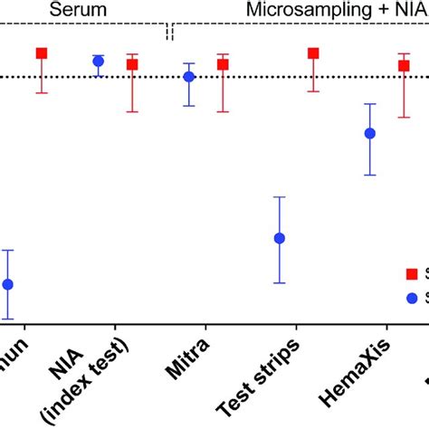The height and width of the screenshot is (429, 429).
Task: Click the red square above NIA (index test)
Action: [x=132, y=64]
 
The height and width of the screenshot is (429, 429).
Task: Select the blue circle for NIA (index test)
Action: [x=99, y=62]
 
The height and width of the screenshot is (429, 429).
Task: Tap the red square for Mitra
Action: [x=223, y=64]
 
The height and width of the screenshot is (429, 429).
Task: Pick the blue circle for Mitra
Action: [x=189, y=77]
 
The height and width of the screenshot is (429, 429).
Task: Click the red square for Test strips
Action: [x=313, y=53]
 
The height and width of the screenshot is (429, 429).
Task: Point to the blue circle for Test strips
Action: [x=280, y=238]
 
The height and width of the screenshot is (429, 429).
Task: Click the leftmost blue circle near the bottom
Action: [x=8, y=284]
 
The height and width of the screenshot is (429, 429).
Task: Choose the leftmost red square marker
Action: [x=42, y=53]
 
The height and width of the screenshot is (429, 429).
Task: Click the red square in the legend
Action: [x=414, y=272]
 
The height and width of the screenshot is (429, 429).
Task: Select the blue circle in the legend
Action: [x=414, y=297]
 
